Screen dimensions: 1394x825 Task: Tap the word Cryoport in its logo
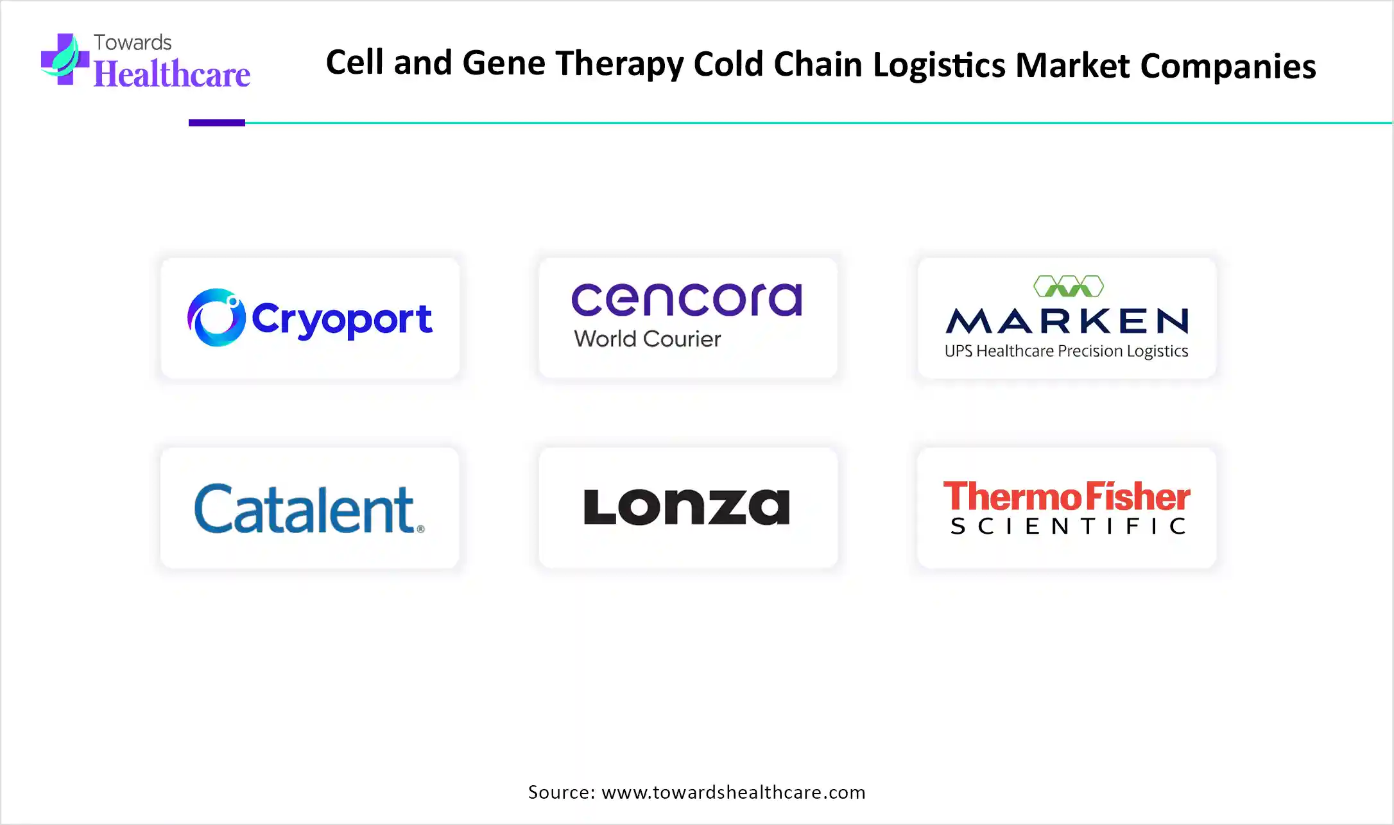pos(342,319)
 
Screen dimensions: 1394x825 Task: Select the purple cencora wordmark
pos(687,300)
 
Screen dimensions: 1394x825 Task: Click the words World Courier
pos(648,339)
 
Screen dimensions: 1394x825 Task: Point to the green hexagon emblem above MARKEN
pos(1069,286)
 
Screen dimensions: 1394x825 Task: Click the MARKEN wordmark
pos(1067,321)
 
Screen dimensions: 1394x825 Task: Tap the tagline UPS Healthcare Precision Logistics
pos(1066,352)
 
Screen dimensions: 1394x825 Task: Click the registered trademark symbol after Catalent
pos(421,529)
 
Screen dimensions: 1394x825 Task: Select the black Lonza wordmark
pos(687,507)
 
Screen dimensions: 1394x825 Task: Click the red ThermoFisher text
pos(1067,497)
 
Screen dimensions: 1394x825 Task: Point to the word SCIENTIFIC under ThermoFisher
pos(1068,527)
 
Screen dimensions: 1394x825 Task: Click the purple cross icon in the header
pos(64,60)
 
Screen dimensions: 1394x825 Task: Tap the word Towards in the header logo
pos(133,42)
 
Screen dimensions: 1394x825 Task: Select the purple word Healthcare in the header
pos(172,74)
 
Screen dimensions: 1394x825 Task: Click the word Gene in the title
pos(504,63)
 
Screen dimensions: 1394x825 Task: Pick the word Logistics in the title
pos(939,65)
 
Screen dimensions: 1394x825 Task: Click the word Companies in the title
pos(1228,67)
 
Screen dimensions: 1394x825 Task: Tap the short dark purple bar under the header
pos(217,123)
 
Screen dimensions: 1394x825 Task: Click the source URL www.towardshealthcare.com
pos(734,793)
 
